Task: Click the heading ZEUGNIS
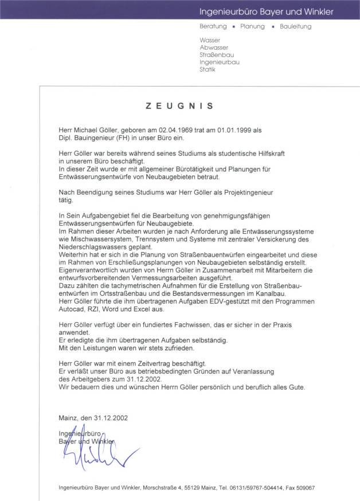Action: point(179,106)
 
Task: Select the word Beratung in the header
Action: point(213,26)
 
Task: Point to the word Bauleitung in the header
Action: point(296,26)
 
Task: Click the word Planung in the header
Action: point(253,26)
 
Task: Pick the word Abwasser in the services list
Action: point(214,48)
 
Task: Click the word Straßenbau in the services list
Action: point(216,54)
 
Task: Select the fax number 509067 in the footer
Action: point(303,488)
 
